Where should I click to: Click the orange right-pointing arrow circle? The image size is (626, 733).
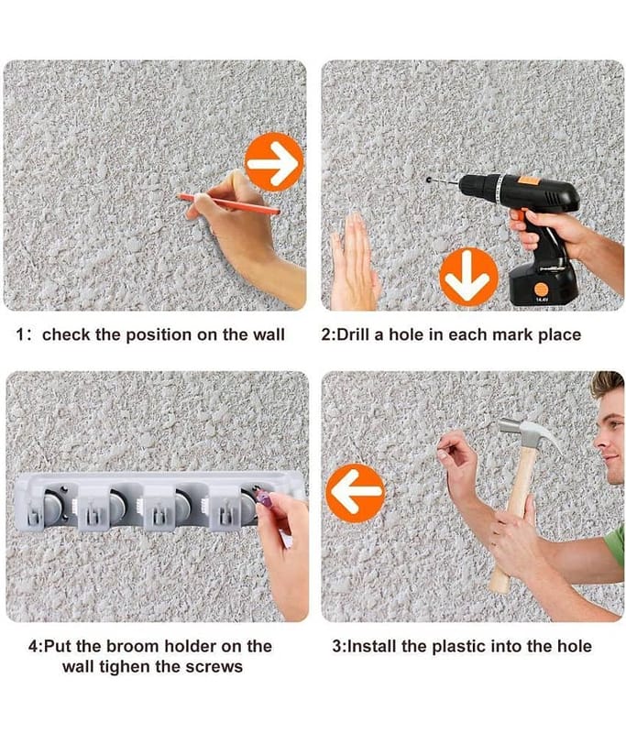point(274,162)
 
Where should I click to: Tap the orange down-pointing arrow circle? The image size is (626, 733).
point(468,278)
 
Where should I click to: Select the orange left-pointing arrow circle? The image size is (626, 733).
point(356,493)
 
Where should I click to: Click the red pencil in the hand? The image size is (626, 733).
point(228,204)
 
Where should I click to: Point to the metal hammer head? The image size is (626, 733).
point(530,433)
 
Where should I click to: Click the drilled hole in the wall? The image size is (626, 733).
point(428,180)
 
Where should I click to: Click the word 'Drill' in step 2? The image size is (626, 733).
point(354,334)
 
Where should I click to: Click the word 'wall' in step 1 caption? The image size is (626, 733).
point(269,334)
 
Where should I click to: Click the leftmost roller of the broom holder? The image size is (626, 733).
point(51,507)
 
